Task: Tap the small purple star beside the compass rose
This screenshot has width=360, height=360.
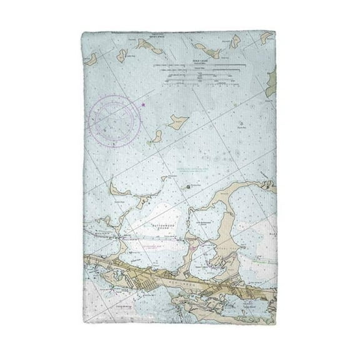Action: (143, 104)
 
